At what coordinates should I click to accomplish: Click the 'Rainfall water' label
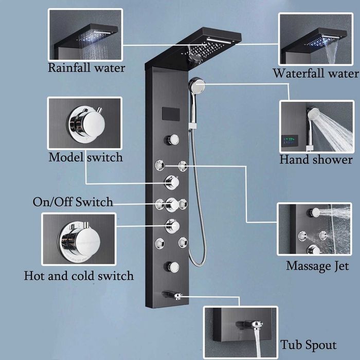[86, 68]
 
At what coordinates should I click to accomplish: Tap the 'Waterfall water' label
[315, 73]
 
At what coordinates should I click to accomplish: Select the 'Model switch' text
[85, 157]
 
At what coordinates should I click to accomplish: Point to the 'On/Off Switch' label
[73, 202]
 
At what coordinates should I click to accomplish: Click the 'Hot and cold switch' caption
[79, 276]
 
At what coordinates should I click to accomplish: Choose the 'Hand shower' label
[316, 159]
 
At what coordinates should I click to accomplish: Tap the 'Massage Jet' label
[317, 266]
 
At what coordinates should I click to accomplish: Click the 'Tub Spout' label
[309, 345]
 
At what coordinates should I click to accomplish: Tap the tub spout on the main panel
[172, 295]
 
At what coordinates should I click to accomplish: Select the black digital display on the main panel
[170, 113]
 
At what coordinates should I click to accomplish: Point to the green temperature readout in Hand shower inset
[291, 139]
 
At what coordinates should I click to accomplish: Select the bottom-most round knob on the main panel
[172, 266]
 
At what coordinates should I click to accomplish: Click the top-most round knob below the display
[172, 139]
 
